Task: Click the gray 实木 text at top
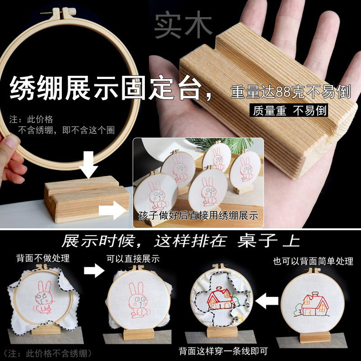pos(183,24)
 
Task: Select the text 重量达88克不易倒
pos(291,92)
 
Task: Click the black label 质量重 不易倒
pos(289,111)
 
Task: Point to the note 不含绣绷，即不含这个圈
pos(66,130)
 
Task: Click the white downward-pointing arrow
pos(88,165)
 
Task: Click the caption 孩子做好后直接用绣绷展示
pos(198,216)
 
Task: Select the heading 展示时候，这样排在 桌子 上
pos(181,241)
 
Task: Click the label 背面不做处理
pos(43,258)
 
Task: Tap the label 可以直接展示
pos(133,259)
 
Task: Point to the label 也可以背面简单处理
pos(313,261)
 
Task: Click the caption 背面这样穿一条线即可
pos(223,351)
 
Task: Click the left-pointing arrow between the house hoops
pos(267,301)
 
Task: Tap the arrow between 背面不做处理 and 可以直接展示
pos(94,270)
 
